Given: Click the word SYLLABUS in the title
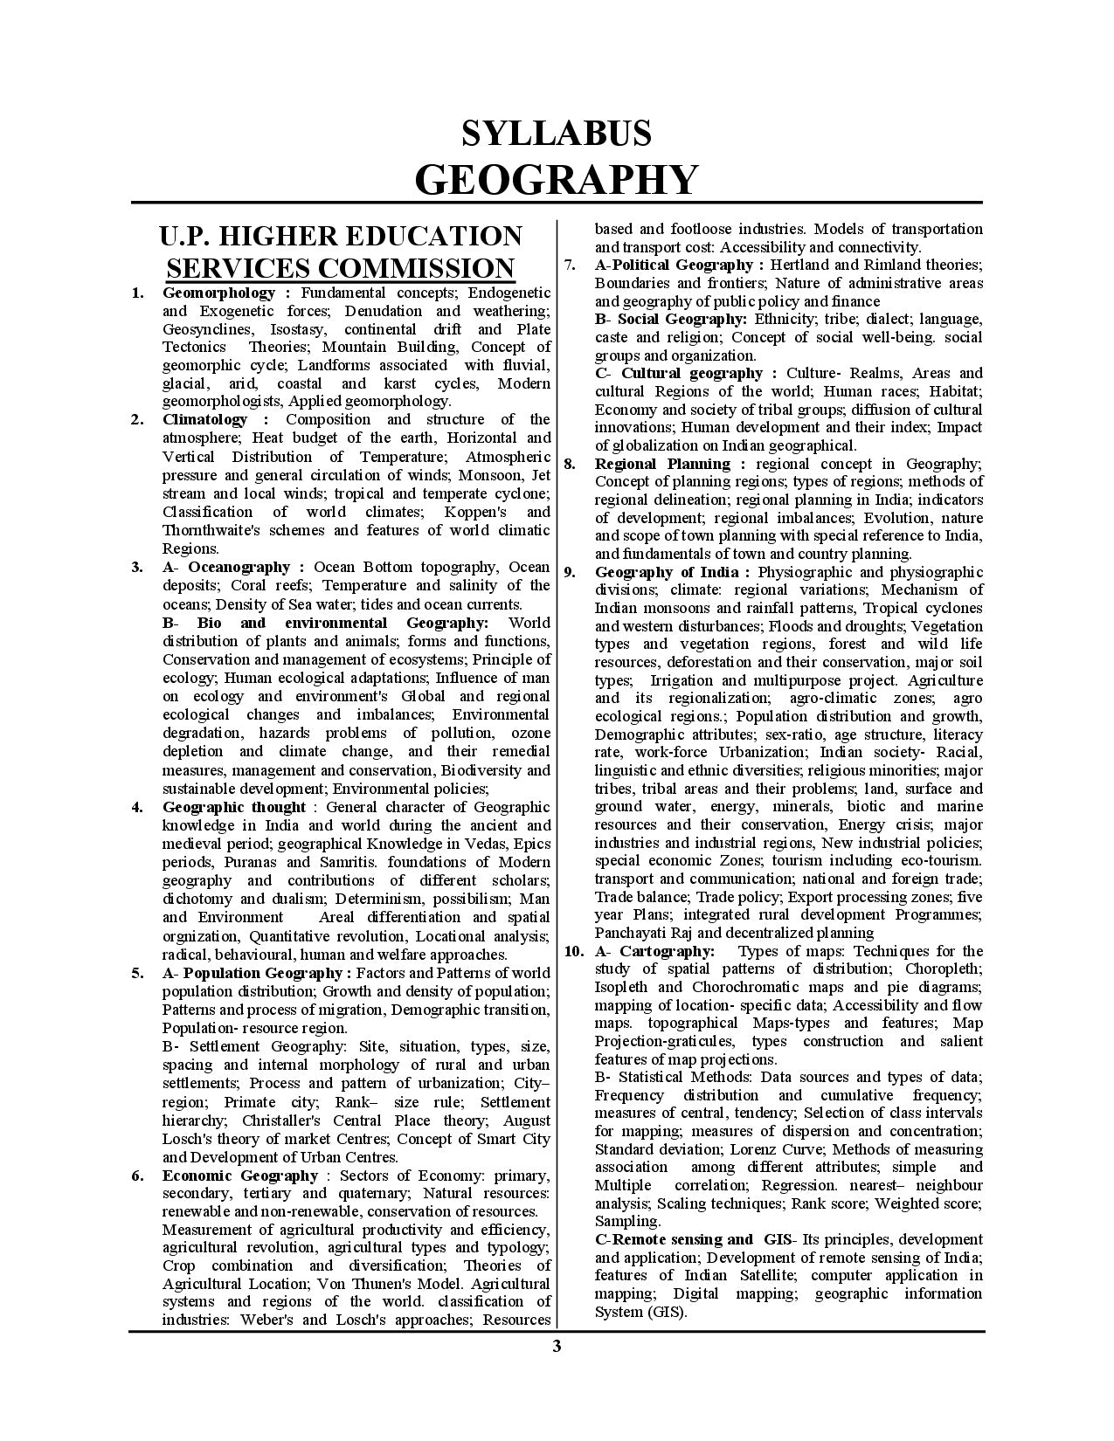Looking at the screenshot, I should [557, 134].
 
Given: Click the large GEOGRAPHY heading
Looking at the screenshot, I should [557, 179].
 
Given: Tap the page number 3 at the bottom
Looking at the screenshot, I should [557, 1346].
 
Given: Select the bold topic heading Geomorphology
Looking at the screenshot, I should [218, 293].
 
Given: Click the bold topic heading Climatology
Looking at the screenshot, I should [204, 419].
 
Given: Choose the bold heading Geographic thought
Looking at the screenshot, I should [234, 807].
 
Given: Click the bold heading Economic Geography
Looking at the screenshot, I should [240, 1176].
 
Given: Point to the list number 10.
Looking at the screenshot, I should [573, 951].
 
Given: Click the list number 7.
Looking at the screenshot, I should [569, 265].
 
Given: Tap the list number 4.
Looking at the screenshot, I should [137, 807].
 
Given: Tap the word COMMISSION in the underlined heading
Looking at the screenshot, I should [414, 267].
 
